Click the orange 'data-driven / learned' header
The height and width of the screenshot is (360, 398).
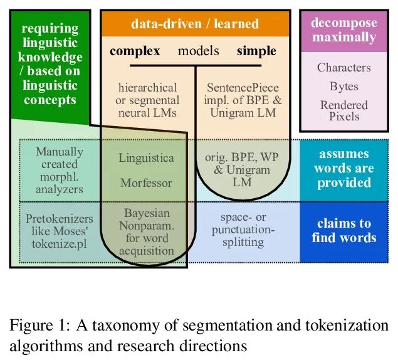[194, 24]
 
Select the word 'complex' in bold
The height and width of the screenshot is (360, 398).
[135, 51]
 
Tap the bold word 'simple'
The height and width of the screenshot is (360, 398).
[256, 51]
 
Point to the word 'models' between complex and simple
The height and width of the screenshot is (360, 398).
[198, 51]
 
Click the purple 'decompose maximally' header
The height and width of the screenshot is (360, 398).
[344, 29]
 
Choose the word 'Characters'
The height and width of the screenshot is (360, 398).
[343, 68]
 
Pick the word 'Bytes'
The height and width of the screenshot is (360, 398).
[343, 87]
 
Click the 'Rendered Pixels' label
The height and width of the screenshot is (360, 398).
[344, 110]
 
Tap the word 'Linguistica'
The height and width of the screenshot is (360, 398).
[146, 158]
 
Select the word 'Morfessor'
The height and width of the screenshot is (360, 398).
[146, 183]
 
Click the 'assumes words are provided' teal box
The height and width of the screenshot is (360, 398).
[343, 168]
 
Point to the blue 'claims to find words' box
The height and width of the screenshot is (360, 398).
[343, 230]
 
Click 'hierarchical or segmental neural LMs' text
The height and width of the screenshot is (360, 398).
[147, 100]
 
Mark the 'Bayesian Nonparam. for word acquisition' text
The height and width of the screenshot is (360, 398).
[147, 232]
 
